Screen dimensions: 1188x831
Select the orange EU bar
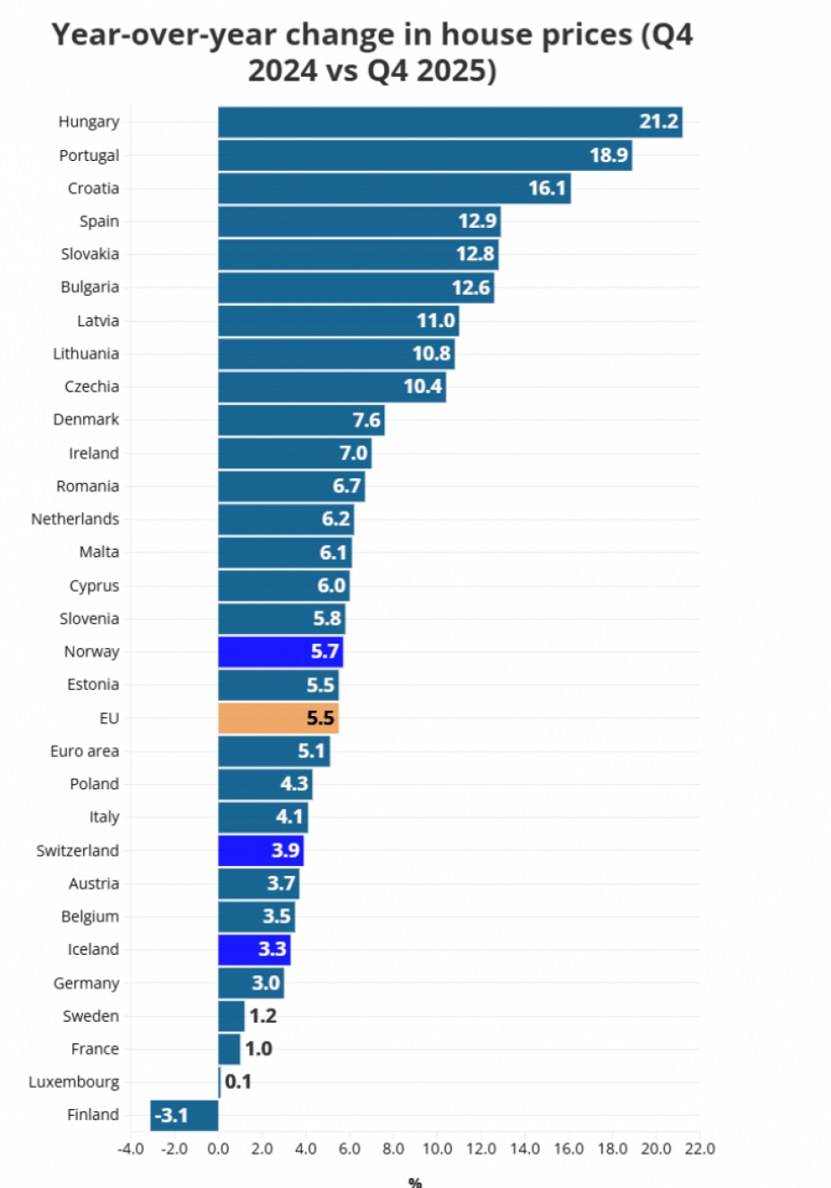click(278, 718)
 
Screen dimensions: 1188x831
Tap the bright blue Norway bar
click(280, 652)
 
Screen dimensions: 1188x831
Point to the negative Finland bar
click(184, 1116)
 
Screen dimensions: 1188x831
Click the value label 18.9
click(609, 156)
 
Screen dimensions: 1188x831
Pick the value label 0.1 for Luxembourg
click(238, 1082)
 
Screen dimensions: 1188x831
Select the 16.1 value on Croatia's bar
click(547, 189)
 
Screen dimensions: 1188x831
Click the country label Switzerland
click(77, 850)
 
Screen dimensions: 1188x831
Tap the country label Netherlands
click(75, 519)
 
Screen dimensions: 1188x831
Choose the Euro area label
click(84, 751)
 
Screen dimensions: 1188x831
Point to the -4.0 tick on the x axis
click(130, 1149)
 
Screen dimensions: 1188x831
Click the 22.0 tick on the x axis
click(700, 1149)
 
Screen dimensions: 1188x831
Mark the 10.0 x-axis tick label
click(437, 1149)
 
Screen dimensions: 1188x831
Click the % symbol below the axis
click(415, 1182)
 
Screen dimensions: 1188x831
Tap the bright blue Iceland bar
click(254, 949)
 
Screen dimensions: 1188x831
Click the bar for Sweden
click(231, 1016)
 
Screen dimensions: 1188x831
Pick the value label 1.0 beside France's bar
click(258, 1049)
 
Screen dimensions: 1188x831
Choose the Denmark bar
click(301, 420)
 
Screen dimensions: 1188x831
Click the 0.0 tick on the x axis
click(218, 1149)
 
